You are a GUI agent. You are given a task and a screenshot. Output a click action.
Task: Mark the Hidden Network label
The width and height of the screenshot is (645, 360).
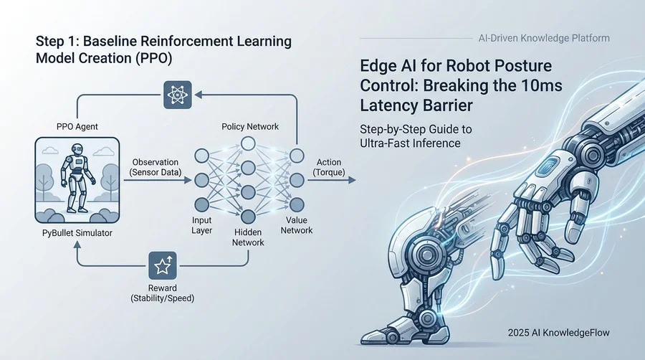click(248, 237)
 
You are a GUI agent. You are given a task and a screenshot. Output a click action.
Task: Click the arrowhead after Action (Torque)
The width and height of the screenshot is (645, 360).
click(351, 181)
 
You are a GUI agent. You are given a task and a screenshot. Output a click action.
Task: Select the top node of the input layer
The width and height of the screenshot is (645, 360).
click(201, 156)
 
